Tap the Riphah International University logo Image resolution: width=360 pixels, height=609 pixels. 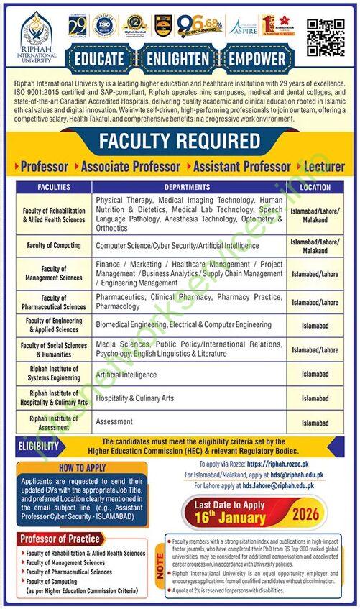click(36, 36)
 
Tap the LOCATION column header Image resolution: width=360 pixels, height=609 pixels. click(315, 187)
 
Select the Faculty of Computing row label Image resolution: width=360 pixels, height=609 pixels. click(55, 246)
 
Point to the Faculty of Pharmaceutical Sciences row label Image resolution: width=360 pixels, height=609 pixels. click(55, 302)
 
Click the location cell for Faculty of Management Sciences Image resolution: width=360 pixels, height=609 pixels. click(315, 274)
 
